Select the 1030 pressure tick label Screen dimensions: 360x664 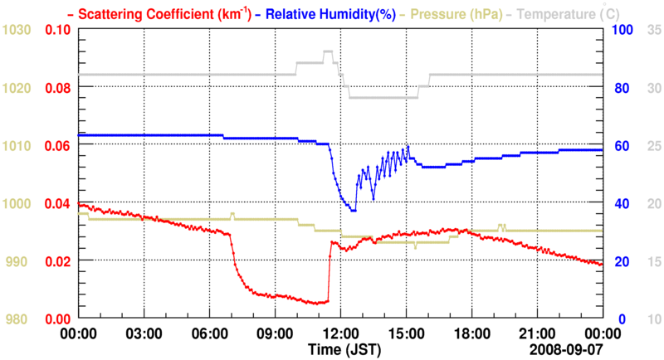pyautogui.click(x=17, y=30)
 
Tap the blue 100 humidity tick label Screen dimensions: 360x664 pyautogui.click(x=622, y=30)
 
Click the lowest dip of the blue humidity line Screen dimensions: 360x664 pyautogui.click(x=354, y=211)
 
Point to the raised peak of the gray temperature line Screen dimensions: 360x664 pyautogui.click(x=328, y=51)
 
